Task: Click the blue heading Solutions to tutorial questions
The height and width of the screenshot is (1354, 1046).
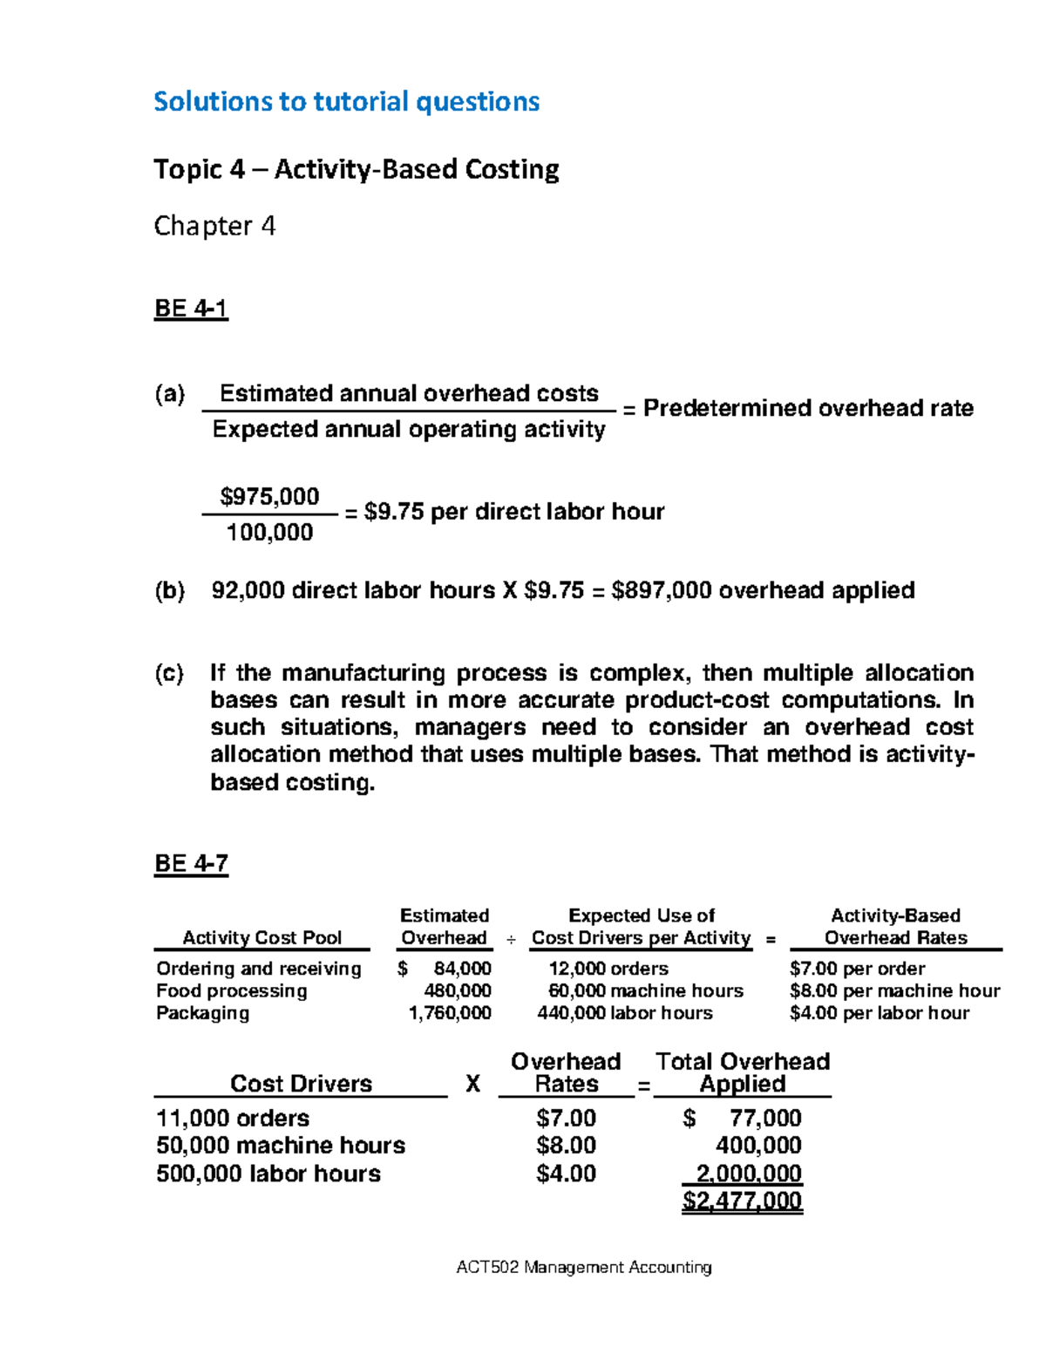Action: (346, 102)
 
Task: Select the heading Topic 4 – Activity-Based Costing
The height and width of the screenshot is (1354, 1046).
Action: (356, 168)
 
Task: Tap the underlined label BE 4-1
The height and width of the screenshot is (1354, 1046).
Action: (191, 309)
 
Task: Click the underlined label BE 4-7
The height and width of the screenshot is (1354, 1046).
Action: (191, 863)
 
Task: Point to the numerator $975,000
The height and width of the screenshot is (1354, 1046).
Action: (269, 497)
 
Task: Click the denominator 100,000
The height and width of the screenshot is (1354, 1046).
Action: (269, 533)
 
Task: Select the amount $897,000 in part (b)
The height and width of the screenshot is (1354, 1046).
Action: (662, 591)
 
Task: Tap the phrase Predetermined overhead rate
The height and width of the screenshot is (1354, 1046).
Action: (808, 408)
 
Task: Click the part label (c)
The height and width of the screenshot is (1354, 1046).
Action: (169, 673)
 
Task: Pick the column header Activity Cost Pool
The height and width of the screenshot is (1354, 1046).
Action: (261, 938)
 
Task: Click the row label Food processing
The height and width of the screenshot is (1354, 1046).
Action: (231, 991)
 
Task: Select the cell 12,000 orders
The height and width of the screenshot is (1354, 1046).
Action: (608, 969)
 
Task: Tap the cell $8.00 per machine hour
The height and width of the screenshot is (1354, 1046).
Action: (894, 991)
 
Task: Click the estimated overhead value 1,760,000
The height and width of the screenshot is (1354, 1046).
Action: (450, 1013)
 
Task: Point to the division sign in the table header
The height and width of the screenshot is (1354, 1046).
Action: (511, 940)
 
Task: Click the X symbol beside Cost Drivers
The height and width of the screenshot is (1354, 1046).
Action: (472, 1084)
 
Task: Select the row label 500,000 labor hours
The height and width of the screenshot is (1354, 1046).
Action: (268, 1174)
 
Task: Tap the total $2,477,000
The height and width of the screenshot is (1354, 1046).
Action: (742, 1201)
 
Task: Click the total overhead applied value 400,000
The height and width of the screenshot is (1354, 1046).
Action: (757, 1146)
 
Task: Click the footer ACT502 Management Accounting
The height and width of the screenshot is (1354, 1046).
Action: (584, 1267)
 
